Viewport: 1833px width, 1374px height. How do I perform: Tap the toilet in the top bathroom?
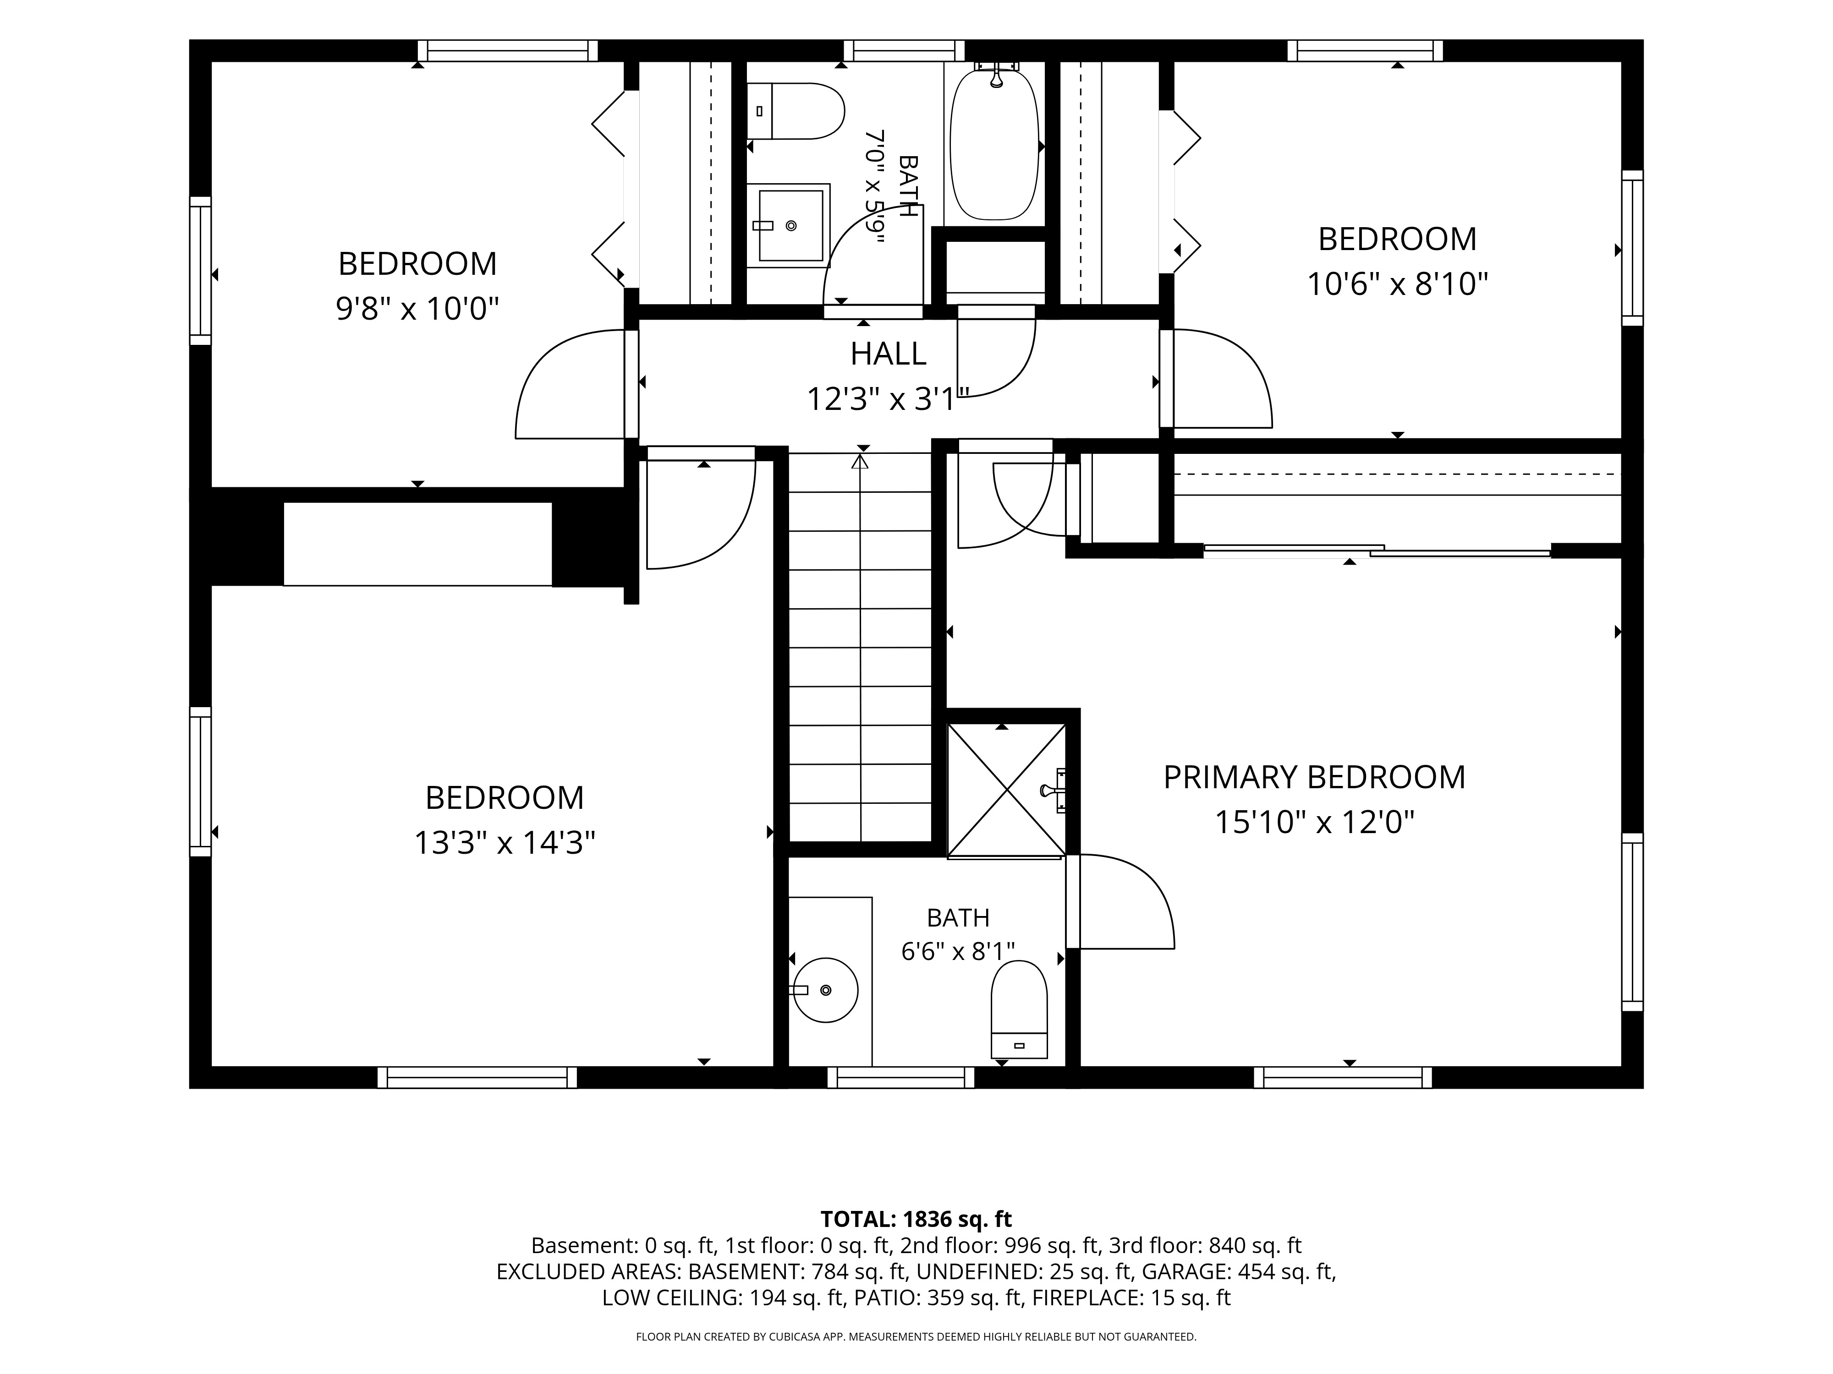796,111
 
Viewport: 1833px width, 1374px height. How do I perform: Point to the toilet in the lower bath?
1019,1009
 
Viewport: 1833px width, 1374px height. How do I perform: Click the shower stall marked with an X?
1006,789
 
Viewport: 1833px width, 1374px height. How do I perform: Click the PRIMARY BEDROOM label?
1314,777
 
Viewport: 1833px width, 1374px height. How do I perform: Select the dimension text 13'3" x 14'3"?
505,843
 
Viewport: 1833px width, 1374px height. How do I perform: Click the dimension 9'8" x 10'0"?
417,309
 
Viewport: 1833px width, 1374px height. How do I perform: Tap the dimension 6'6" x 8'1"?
958,951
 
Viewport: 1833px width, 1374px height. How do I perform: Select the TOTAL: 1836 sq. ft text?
916,1219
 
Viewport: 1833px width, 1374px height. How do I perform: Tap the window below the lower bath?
901,1078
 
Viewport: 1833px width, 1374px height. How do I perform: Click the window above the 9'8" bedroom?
507,50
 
